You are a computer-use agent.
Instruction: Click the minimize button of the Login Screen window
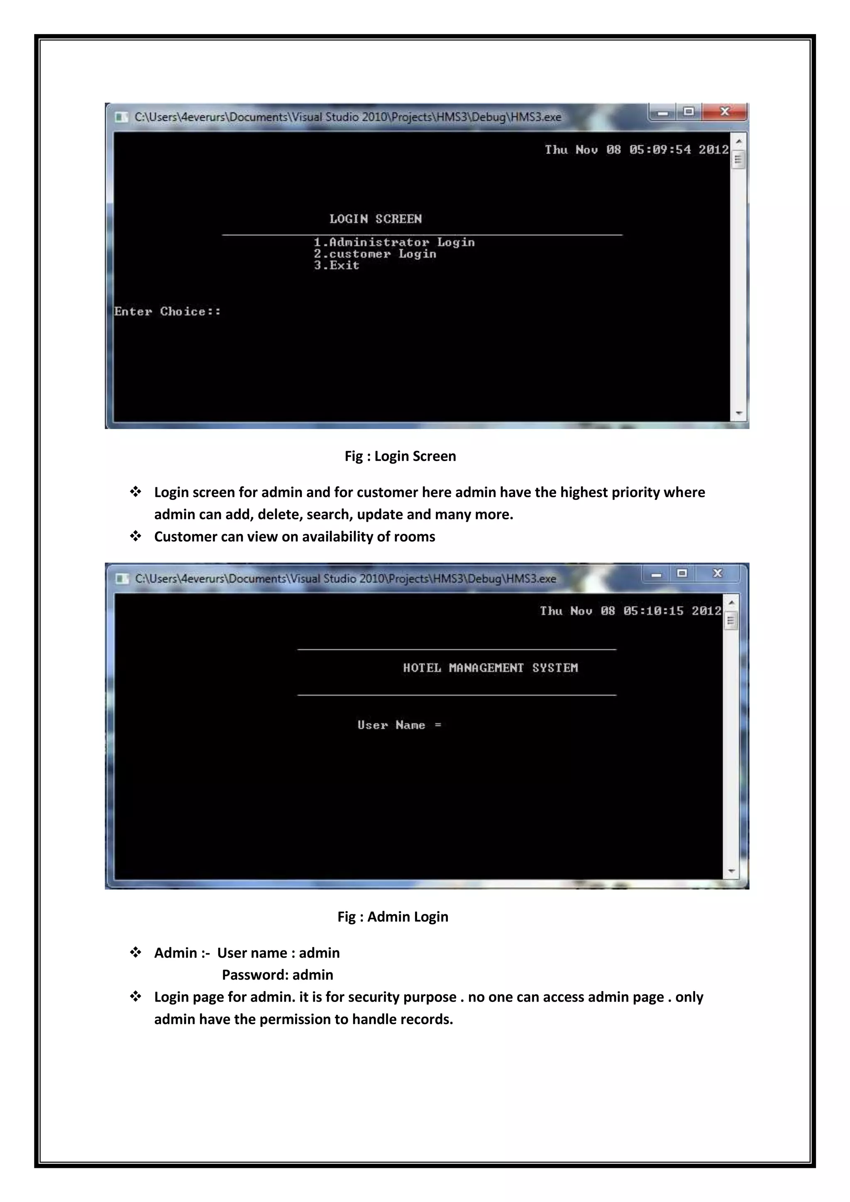click(663, 112)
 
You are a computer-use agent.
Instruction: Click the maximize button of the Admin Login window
click(681, 573)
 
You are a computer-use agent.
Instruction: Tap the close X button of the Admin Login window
click(718, 573)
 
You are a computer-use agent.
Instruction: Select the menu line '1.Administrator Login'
click(394, 242)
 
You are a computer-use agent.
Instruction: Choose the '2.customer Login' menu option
click(375, 254)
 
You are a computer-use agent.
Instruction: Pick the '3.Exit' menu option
click(337, 265)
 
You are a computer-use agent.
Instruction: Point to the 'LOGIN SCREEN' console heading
click(375, 219)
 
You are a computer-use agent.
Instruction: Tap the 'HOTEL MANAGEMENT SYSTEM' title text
click(491, 668)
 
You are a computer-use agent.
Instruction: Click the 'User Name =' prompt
click(399, 725)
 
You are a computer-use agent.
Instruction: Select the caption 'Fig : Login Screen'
click(401, 456)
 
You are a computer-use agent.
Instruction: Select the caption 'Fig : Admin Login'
click(393, 917)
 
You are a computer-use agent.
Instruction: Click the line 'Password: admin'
click(277, 975)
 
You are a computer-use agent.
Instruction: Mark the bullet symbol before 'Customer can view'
click(136, 536)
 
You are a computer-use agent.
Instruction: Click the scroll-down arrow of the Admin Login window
click(731, 871)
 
